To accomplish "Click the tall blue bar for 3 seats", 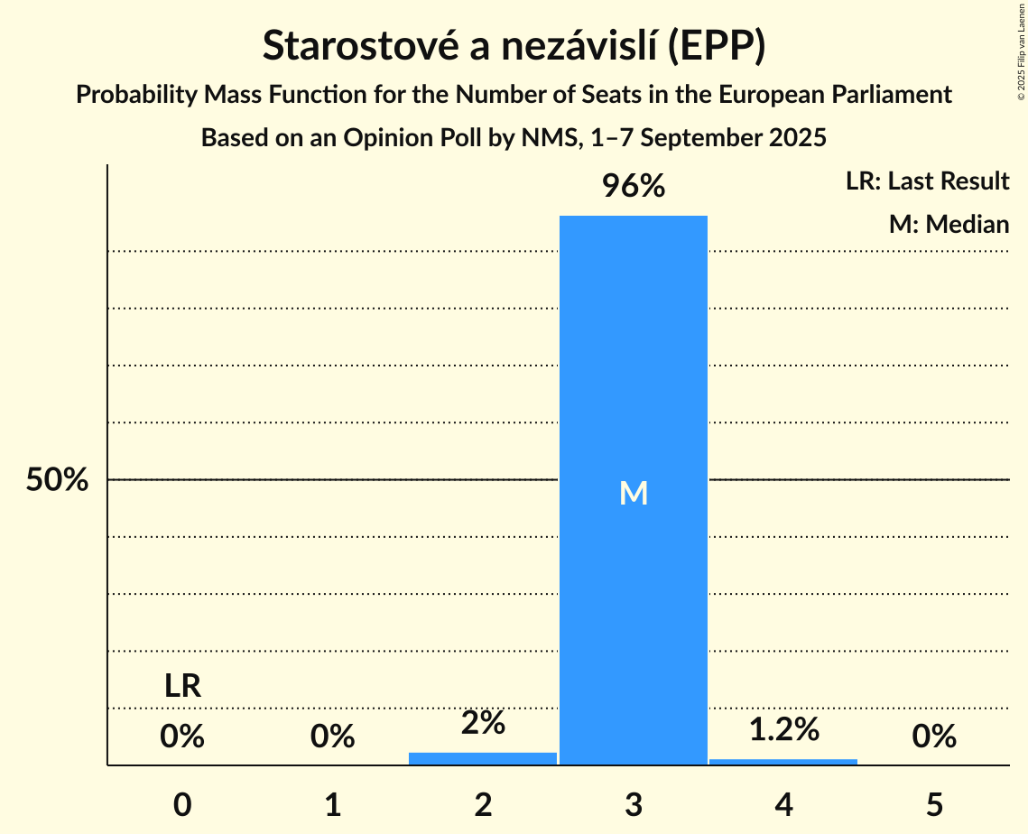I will coord(634,361).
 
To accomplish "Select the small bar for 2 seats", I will coord(483,758).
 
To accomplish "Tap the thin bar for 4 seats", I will coord(783,762).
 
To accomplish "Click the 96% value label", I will coord(634,187).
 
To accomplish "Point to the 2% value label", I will coord(483,722).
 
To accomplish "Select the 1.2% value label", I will coord(783,728).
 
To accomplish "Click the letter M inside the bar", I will coord(634,493).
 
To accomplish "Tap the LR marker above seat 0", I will coord(182,686).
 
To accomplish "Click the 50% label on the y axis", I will coord(57,480).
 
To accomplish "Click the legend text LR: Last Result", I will coord(927,181).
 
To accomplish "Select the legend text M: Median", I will coord(949,224).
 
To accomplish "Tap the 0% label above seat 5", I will coord(934,737).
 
